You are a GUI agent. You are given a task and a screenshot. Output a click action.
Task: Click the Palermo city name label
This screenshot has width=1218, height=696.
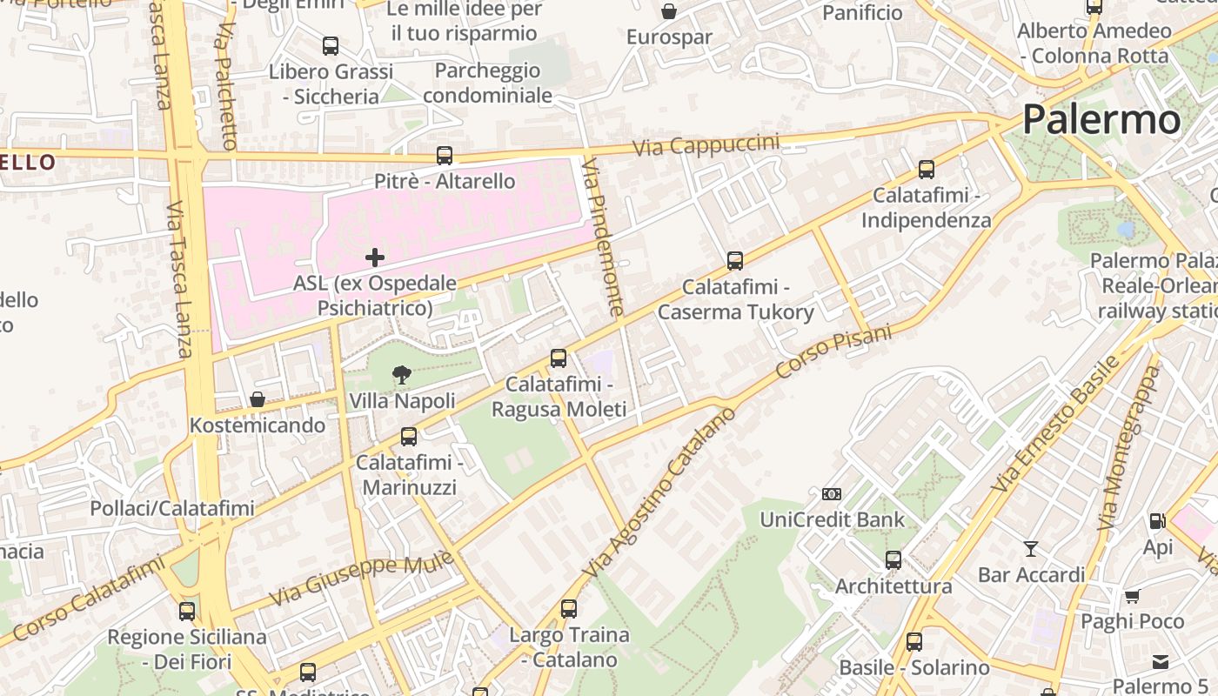coord(1101,119)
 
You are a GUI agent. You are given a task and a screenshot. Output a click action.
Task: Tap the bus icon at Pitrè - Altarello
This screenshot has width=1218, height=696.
coord(445,156)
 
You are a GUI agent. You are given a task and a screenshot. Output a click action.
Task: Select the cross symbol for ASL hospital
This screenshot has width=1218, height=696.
coord(375,258)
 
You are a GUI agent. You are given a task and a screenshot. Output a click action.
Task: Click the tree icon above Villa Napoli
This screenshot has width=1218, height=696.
coord(402,375)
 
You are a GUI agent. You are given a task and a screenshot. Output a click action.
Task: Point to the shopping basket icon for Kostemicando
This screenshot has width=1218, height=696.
coord(258,399)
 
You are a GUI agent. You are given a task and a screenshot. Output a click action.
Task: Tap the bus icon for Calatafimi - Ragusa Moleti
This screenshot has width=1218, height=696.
coord(559,358)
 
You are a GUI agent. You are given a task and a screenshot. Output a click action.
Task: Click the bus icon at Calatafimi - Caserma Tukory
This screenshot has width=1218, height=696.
coord(735,261)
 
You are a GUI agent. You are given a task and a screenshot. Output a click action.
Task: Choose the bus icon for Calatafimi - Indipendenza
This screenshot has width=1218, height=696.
coord(927,170)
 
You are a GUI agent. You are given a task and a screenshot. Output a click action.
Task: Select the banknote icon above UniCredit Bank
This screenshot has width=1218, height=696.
coord(832,494)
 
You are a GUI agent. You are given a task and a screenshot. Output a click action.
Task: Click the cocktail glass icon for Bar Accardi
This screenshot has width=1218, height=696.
coord(1031,549)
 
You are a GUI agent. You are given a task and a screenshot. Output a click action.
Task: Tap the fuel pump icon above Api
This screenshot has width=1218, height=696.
coord(1157,521)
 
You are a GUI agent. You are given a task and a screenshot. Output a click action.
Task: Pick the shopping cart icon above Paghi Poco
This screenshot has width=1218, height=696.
coord(1132,596)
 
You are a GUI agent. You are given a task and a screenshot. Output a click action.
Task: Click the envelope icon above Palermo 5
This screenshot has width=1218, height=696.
coord(1161,662)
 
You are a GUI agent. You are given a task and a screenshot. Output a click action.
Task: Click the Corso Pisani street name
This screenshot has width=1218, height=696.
coord(833,351)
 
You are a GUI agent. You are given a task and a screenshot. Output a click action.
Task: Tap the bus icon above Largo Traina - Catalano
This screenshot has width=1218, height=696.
coord(569,609)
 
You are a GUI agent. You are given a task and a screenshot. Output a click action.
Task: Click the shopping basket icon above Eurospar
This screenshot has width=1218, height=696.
coord(669,11)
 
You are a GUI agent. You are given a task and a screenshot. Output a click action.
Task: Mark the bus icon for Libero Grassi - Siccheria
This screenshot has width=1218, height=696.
coord(331,46)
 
